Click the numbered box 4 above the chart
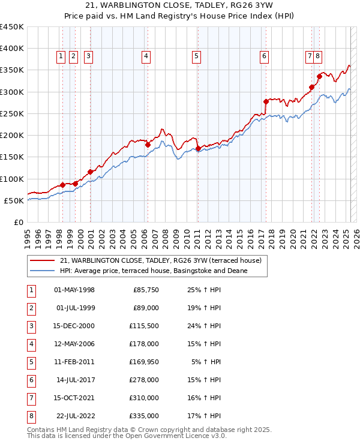coord(146,57)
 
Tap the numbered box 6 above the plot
coord(264,57)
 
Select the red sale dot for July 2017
coord(266,101)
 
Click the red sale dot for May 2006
coord(148,144)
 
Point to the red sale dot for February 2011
coord(198,148)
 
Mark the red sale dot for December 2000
coord(90,172)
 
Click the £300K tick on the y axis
coord(12,92)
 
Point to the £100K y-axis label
coord(12,179)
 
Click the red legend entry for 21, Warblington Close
coord(160,261)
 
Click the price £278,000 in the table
coord(146,380)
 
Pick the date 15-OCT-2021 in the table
coord(74,398)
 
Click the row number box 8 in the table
coord(31,416)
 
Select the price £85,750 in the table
coord(146,290)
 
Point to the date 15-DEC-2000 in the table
coord(74,326)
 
